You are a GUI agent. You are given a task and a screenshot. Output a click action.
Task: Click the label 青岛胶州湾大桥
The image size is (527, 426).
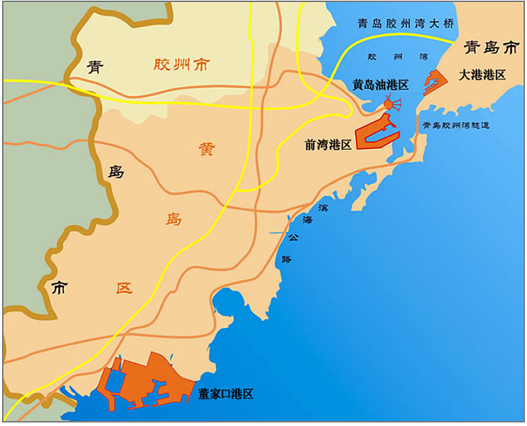406,24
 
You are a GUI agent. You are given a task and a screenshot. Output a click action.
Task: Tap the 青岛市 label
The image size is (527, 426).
492,48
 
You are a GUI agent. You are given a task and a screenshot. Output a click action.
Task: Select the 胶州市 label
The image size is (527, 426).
181,65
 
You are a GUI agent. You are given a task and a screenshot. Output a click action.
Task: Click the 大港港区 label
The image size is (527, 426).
481,74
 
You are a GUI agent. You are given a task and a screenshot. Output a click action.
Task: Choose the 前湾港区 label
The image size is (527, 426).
327,145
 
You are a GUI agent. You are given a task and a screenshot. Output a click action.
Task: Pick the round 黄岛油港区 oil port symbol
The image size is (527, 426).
388,106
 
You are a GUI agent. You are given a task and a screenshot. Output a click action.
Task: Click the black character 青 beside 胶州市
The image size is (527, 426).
95,67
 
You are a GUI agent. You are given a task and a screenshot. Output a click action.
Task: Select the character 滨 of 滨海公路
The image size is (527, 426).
322,208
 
